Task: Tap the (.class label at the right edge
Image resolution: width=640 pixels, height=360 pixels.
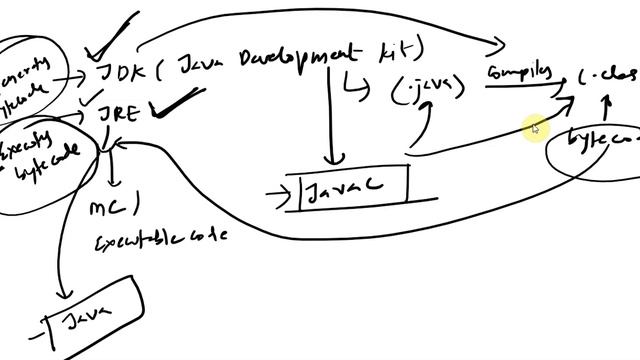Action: click(x=609, y=78)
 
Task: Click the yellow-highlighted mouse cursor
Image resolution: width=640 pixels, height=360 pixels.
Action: click(x=536, y=128)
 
